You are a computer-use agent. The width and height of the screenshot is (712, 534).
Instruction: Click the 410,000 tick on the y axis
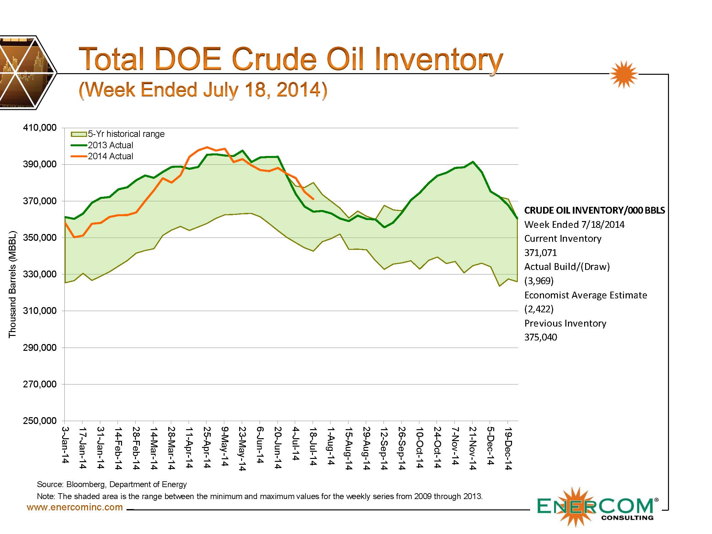(x=39, y=128)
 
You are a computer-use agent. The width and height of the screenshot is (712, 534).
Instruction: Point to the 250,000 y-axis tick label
(x=39, y=421)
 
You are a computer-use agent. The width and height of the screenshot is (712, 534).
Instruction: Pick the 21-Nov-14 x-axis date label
(x=472, y=449)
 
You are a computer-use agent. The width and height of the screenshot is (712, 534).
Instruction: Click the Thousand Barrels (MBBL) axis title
(x=12, y=284)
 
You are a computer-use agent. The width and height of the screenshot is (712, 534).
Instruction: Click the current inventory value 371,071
(x=540, y=253)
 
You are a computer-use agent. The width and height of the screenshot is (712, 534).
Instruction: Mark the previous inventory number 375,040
(x=540, y=337)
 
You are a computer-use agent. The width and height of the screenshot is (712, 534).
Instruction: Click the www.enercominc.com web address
(x=75, y=507)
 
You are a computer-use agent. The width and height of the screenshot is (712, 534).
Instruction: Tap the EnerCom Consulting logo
(x=595, y=507)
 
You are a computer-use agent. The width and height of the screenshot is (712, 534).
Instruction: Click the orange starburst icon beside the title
(x=624, y=74)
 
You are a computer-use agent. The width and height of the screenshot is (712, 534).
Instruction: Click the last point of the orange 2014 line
(x=313, y=199)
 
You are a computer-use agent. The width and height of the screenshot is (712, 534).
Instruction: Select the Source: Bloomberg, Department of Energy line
(x=112, y=484)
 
